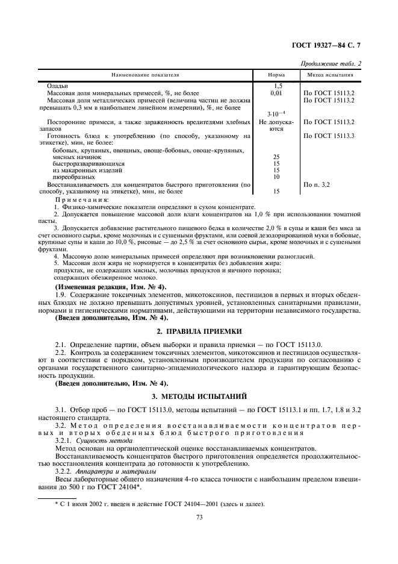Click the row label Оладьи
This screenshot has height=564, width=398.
(x=58, y=87)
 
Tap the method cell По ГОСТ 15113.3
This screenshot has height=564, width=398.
(x=329, y=136)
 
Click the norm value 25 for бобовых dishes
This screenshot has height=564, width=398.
(x=276, y=157)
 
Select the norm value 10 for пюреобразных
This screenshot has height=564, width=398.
(x=276, y=177)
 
